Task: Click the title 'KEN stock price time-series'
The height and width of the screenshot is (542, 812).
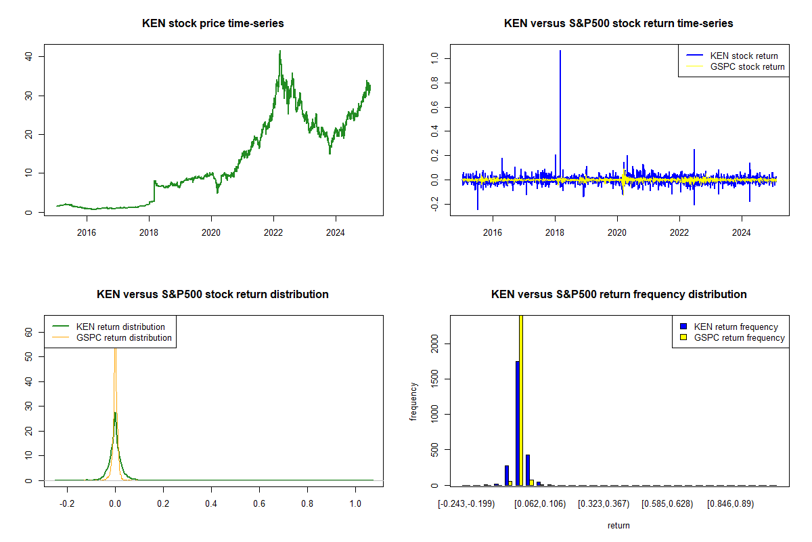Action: (213, 24)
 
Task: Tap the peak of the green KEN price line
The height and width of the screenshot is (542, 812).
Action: (280, 51)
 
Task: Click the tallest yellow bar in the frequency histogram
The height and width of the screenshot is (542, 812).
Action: (521, 400)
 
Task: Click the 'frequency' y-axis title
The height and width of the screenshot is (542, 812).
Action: (413, 402)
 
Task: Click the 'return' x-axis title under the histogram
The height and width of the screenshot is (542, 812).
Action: (618, 525)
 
